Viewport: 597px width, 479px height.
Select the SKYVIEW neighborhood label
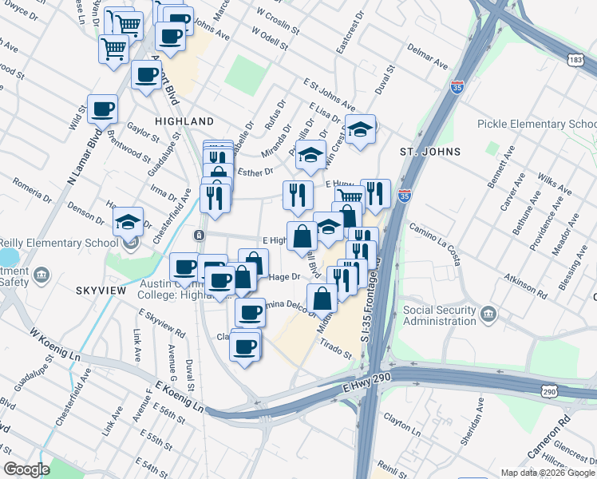tap(101, 291)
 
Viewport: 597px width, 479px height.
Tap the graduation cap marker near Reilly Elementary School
tap(127, 223)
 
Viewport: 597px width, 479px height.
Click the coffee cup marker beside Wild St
tap(102, 109)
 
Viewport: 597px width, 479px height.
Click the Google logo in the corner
tap(26, 469)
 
